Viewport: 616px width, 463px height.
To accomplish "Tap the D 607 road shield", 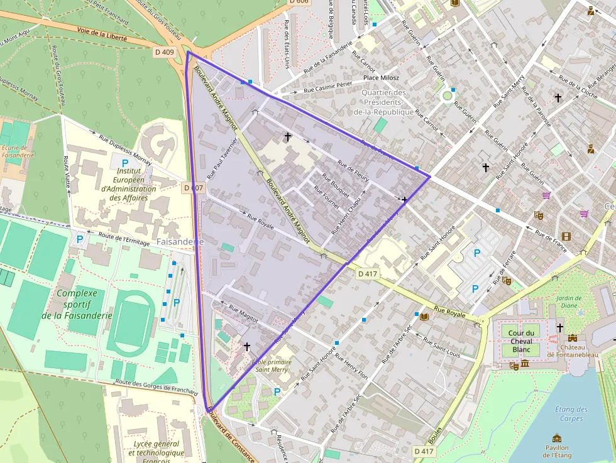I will point(193,188).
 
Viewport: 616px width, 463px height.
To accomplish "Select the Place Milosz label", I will point(380,78).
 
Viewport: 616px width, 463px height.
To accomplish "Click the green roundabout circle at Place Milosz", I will point(448,96).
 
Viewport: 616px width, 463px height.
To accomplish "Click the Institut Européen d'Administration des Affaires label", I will point(128,184).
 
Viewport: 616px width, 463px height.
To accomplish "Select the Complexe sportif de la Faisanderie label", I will point(77,304).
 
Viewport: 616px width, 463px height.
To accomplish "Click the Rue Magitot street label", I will point(243,314).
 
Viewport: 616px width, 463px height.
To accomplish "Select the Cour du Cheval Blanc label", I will point(522,340).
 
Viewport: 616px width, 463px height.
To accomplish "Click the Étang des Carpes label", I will point(572,413).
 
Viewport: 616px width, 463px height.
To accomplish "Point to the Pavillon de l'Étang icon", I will point(557,438).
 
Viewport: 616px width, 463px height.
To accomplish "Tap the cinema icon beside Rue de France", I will point(567,236).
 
